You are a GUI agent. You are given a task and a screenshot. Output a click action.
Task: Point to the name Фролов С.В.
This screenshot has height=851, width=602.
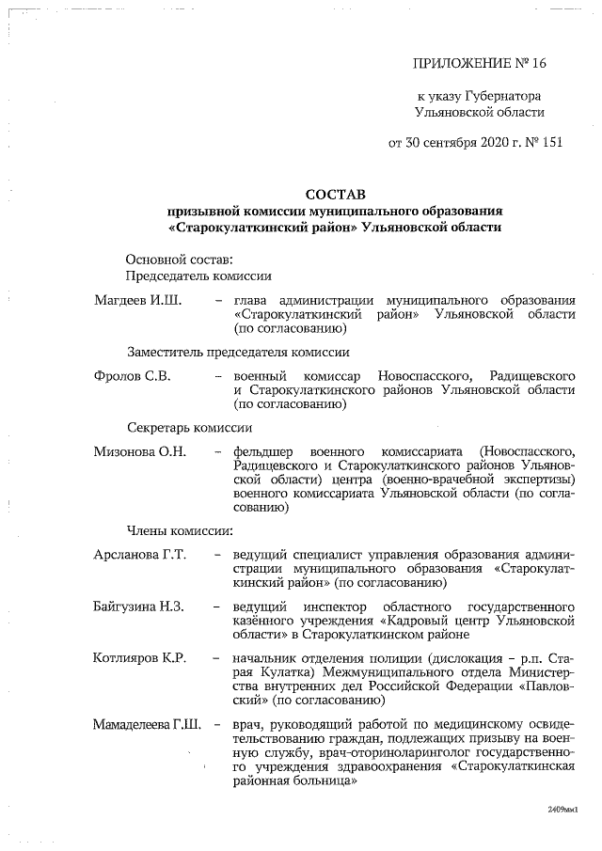[132, 374]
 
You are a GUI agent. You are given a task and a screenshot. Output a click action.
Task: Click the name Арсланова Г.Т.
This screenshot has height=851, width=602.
[140, 554]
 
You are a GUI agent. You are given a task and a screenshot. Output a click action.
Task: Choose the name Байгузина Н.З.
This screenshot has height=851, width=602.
[142, 607]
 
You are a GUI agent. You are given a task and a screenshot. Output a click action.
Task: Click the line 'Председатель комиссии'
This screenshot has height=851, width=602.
[198, 276]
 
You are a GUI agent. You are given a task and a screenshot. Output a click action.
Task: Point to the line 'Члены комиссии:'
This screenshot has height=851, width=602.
[177, 530]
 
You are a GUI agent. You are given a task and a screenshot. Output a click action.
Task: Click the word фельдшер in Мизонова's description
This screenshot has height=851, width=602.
[267, 451]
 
